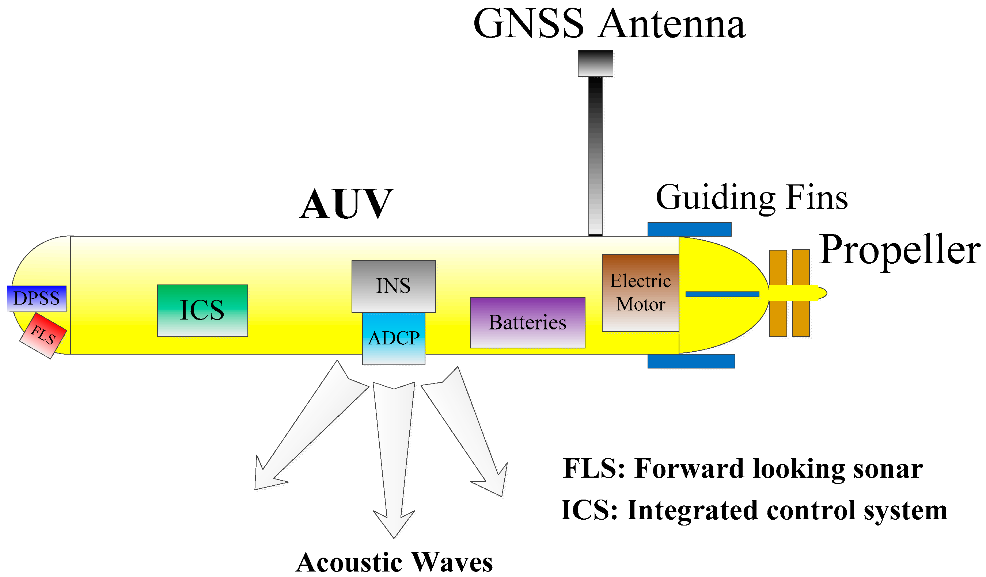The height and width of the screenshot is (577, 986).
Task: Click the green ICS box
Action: point(202,311)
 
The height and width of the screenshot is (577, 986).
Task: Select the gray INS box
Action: point(394,286)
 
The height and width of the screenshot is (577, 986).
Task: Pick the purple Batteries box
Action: point(527,323)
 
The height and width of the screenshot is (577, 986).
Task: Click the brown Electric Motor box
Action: point(641,293)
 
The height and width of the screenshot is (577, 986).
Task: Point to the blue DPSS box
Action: point(37,299)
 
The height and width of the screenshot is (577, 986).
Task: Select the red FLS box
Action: point(43,335)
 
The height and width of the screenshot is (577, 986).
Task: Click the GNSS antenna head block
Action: point(596,63)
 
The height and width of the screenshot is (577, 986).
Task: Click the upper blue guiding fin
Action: point(689,229)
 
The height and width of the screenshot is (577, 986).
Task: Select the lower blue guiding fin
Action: point(691,361)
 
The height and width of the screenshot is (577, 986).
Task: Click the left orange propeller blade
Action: point(778,293)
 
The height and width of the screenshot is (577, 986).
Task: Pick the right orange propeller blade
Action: point(801,293)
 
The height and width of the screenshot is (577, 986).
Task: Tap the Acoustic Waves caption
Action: point(394,563)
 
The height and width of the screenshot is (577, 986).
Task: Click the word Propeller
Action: point(900,250)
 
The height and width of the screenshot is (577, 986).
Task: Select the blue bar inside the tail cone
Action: point(722,294)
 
